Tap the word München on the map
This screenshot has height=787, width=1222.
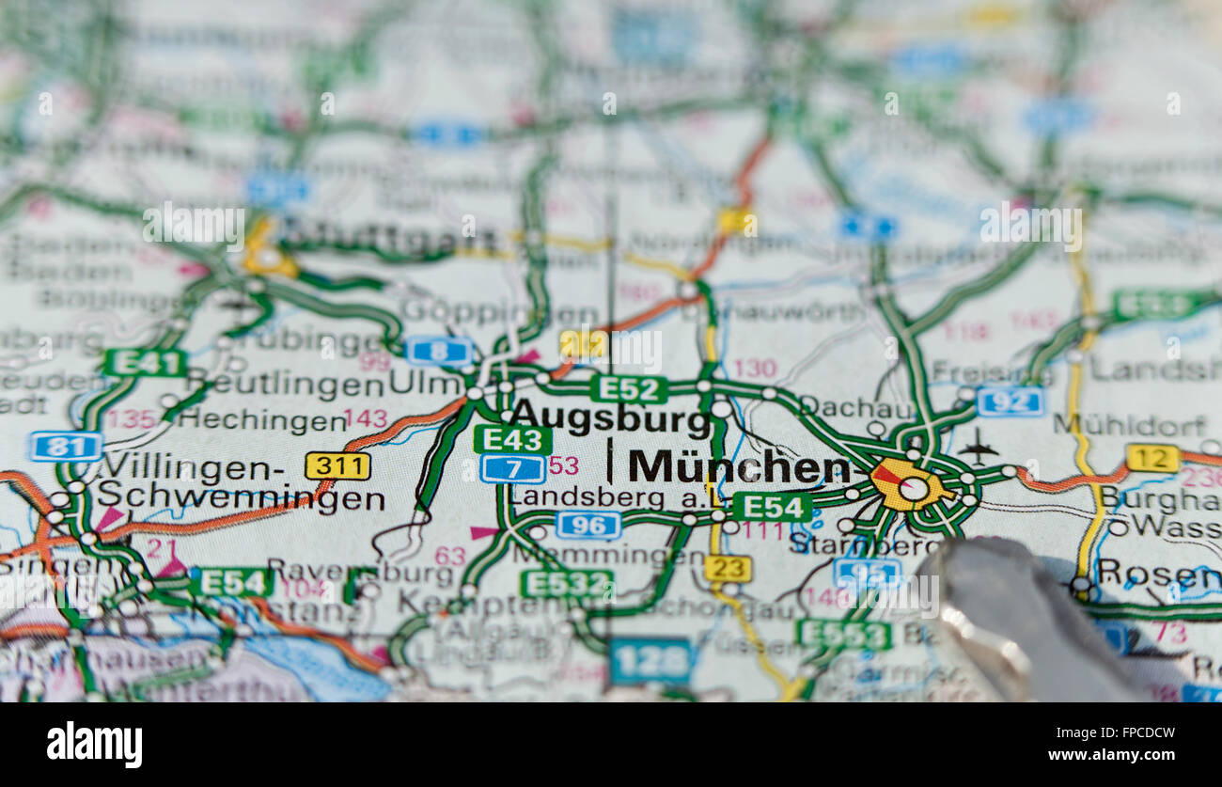coord(739,466)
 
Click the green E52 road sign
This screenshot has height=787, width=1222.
coord(629,388)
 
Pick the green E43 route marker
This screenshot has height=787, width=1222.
coord(512,439)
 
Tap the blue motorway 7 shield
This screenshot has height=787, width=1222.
coord(512,468)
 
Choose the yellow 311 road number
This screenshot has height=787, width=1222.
coord(337,465)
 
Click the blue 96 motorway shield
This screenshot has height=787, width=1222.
coord(587,525)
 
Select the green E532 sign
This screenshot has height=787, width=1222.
coord(566,583)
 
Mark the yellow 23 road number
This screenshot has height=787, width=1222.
coord(727,568)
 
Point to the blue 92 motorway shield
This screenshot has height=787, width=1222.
coord(1010,401)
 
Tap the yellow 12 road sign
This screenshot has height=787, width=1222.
coord(1151,458)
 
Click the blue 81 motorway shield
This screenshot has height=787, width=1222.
coord(65,446)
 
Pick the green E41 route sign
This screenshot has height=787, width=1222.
coord(145,362)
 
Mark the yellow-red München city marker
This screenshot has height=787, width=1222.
coord(906,485)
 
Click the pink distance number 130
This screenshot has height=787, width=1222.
coord(754,368)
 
